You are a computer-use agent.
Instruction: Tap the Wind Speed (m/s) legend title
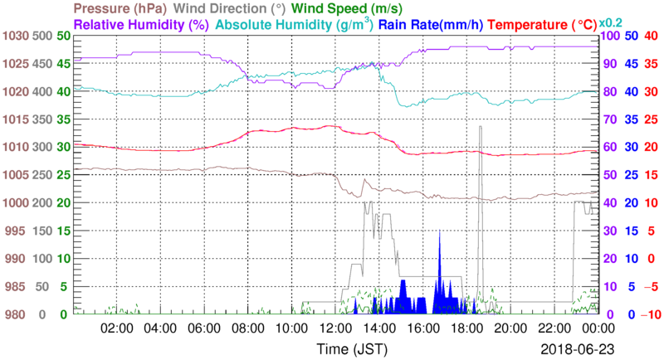pos(346,8)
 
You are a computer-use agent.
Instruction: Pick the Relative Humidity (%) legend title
pos(140,25)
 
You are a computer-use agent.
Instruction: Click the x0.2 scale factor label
pos(613,22)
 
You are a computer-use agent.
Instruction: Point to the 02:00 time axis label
pos(117,328)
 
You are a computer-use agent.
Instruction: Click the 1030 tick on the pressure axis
pos(14,36)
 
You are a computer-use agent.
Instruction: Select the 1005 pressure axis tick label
pos(14,175)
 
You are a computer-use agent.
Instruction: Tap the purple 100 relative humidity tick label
pos(609,36)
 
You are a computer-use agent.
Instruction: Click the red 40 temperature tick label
pos(652,36)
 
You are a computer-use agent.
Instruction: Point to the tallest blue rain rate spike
pos(439,232)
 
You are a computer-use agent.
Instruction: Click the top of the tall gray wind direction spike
pos(481,126)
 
